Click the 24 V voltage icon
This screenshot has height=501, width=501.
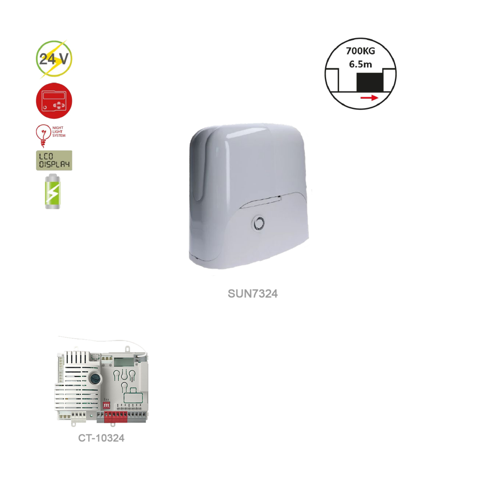(x=54, y=59)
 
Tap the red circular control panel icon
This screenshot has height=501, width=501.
(x=54, y=101)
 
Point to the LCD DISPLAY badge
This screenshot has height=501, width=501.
(x=54, y=160)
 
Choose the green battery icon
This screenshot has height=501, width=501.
(x=54, y=192)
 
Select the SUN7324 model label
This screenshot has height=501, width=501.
(x=253, y=294)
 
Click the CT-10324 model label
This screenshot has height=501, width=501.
(x=101, y=438)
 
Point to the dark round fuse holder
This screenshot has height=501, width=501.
(x=96, y=379)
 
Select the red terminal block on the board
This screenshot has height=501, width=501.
(x=116, y=416)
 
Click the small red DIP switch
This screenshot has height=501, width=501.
(x=106, y=405)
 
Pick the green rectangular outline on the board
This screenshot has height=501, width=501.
(x=133, y=398)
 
